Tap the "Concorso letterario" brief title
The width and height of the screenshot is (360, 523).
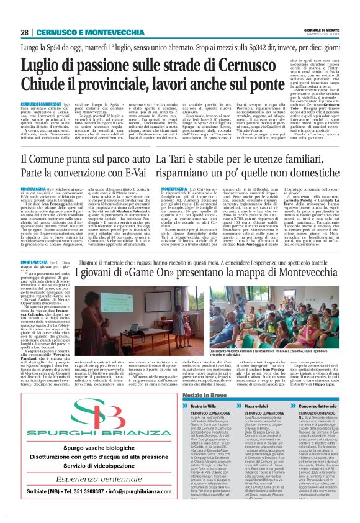pyautogui.click(x=323, y=404)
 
